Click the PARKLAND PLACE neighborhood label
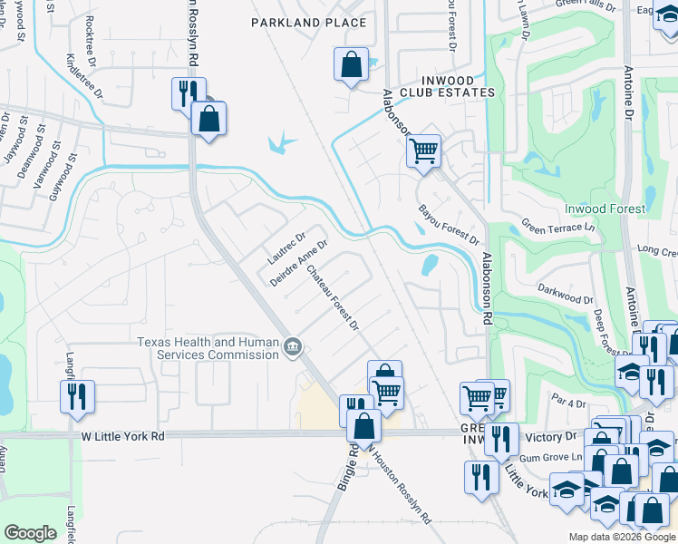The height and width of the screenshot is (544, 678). pyautogui.click(x=309, y=23)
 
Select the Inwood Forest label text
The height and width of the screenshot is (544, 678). pyautogui.click(x=605, y=209)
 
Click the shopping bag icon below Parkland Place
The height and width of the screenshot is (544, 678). pyautogui.click(x=351, y=65)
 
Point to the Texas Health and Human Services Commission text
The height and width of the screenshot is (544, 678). pyautogui.click(x=208, y=348)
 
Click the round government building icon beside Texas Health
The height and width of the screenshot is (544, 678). pyautogui.click(x=293, y=347)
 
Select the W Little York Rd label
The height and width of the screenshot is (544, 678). pyautogui.click(x=122, y=436)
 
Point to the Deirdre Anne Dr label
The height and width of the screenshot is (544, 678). pyautogui.click(x=298, y=263)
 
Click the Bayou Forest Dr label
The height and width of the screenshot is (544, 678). pyautogui.click(x=448, y=224)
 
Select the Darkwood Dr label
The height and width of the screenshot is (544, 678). pyautogui.click(x=566, y=298)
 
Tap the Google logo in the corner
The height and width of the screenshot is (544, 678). pyautogui.click(x=30, y=533)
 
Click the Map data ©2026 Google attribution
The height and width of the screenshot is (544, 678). pyautogui.click(x=621, y=537)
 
